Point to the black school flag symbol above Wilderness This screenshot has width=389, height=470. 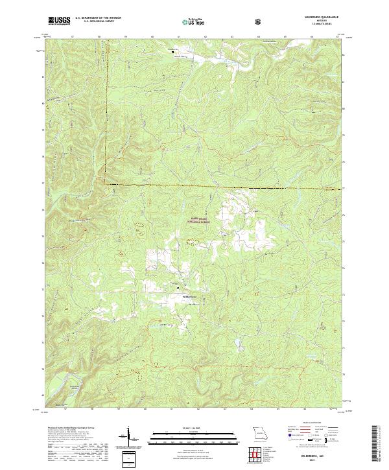click(x=179, y=286)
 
